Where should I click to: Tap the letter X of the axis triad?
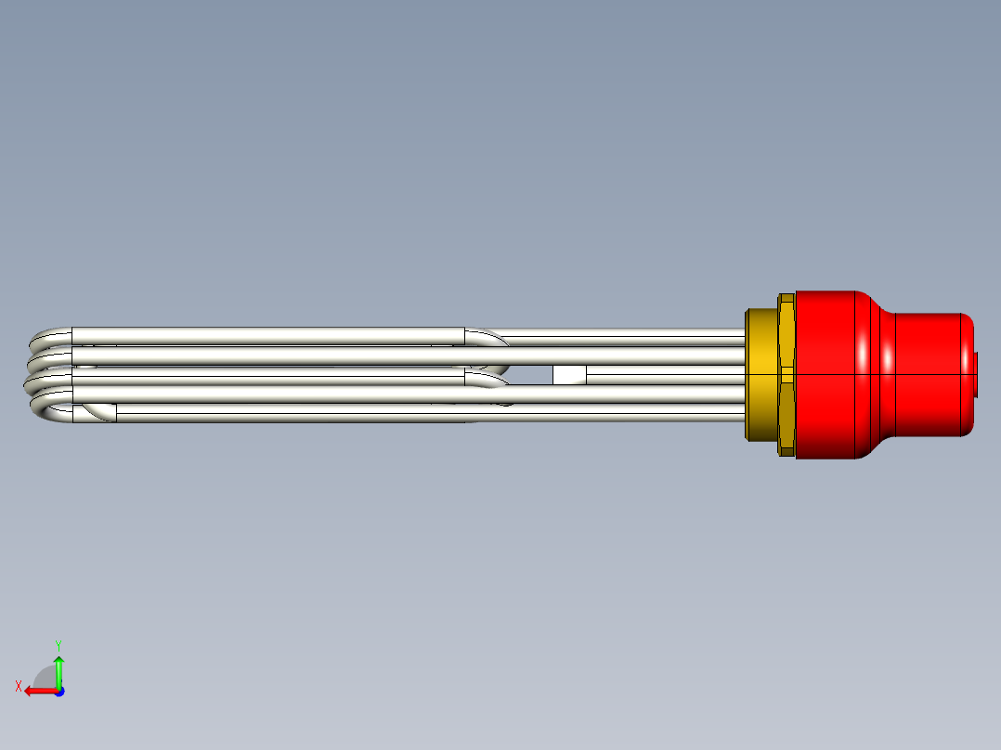tap(19, 686)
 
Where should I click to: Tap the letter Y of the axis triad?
tap(58, 643)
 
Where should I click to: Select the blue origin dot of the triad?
tap(58, 692)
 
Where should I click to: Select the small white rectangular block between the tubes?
tap(569, 375)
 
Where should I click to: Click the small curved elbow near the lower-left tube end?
tap(98, 413)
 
